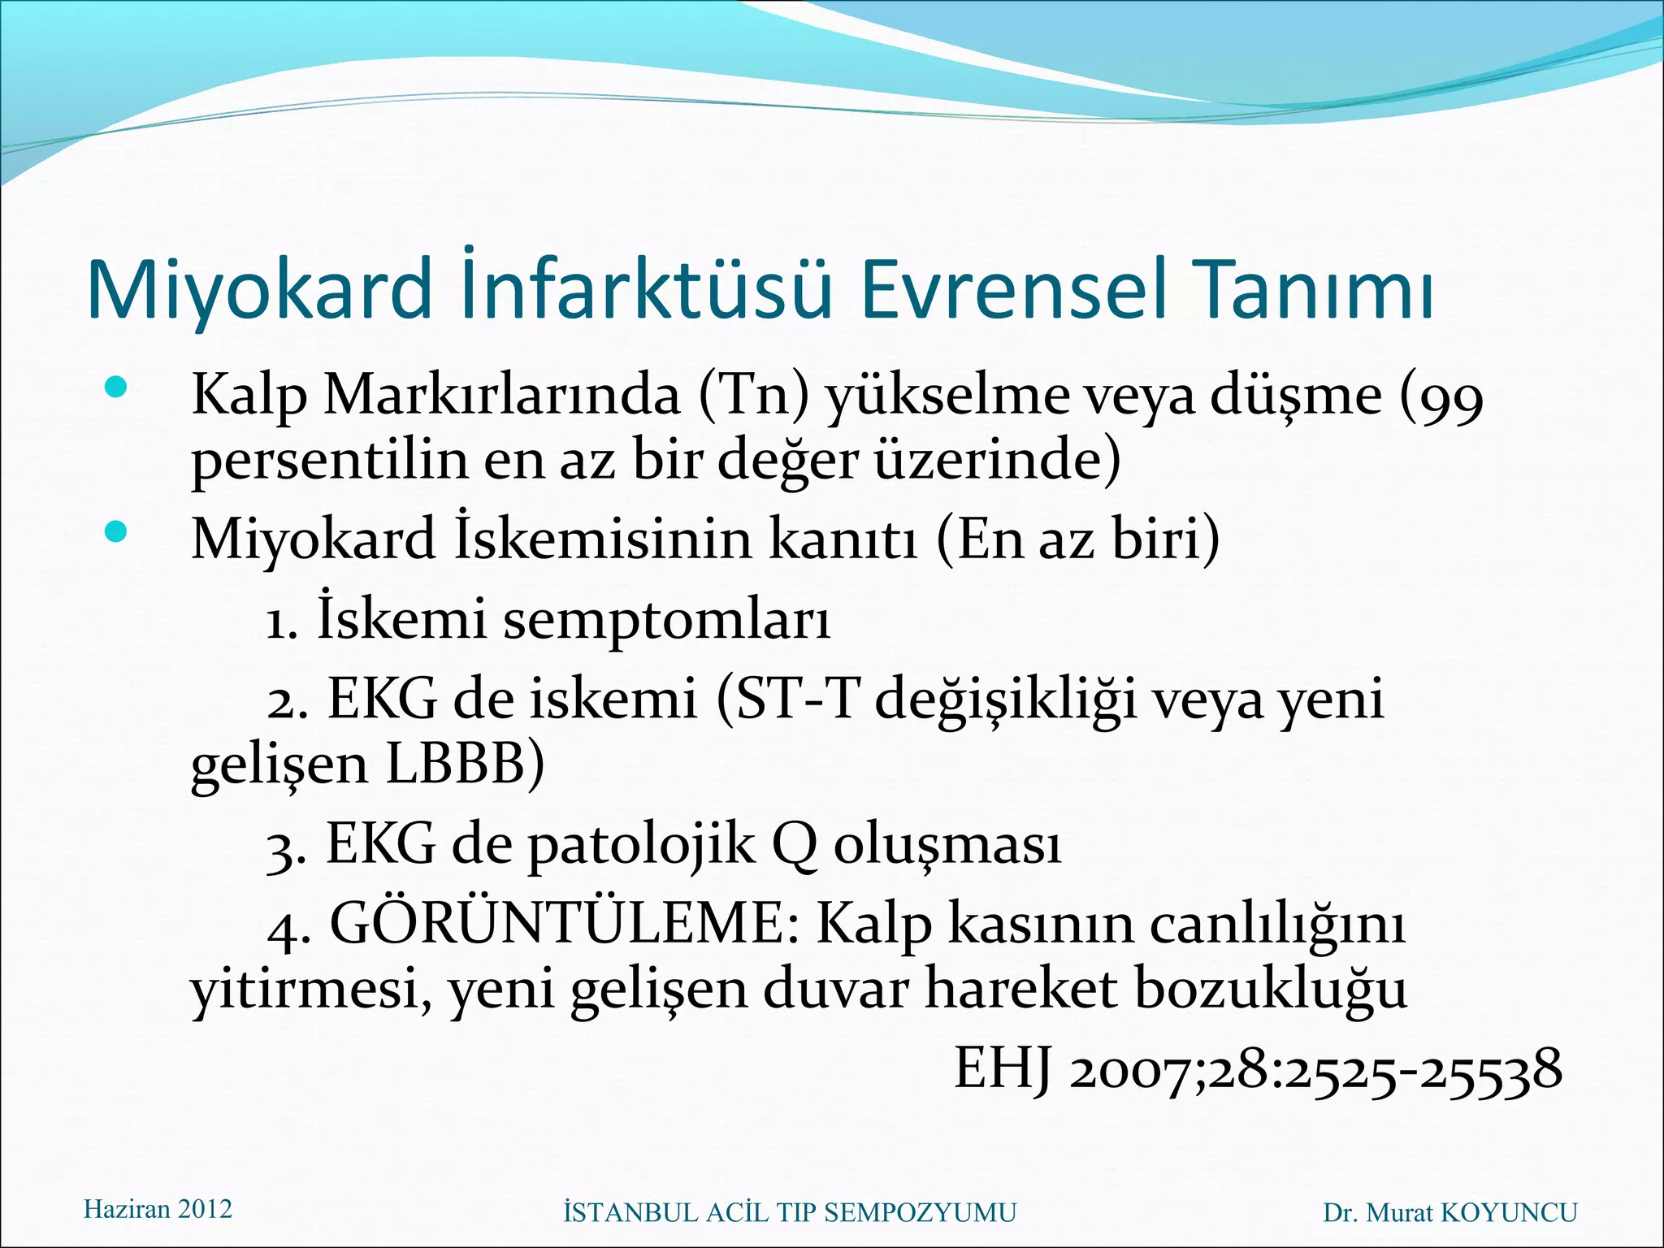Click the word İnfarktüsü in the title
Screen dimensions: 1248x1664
point(646,290)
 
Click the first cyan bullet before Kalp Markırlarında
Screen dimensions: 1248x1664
point(117,388)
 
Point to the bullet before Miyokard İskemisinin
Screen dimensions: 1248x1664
point(117,532)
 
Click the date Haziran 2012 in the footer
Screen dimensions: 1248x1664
point(158,1209)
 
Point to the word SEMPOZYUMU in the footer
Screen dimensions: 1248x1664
point(920,1213)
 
